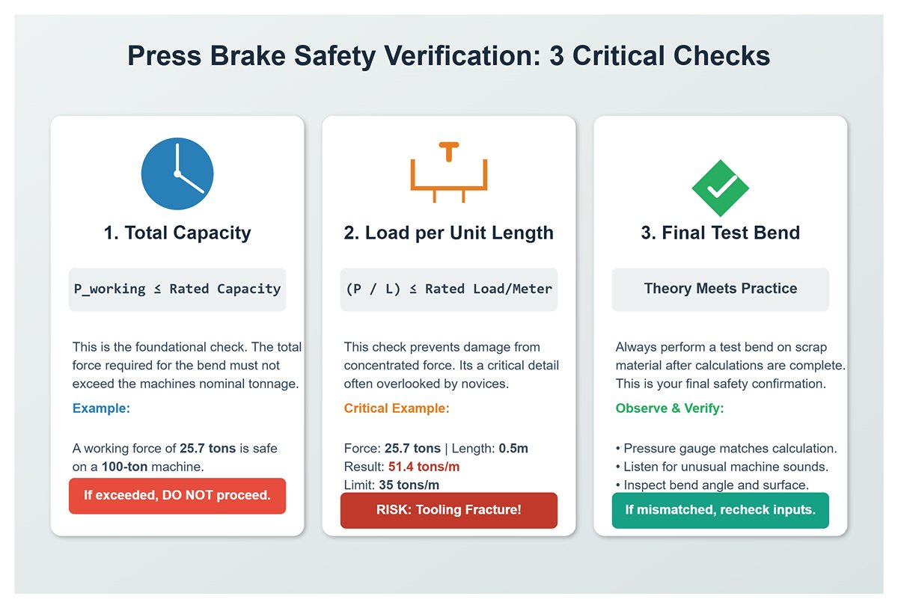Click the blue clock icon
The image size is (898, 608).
(x=177, y=174)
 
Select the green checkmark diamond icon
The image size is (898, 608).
(x=720, y=188)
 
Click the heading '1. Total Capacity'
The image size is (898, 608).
(x=177, y=233)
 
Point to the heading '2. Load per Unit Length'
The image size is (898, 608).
(x=448, y=233)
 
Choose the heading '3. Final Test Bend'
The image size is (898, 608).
(x=720, y=233)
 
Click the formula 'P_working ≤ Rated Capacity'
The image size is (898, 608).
(x=177, y=289)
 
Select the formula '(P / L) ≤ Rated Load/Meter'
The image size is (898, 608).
(x=448, y=289)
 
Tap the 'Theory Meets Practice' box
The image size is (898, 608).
(x=720, y=289)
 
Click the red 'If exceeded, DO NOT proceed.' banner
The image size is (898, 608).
(x=177, y=495)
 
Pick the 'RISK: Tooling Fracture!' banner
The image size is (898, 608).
(x=448, y=510)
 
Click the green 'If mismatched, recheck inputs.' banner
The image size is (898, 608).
(x=720, y=510)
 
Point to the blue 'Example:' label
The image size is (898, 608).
(x=101, y=408)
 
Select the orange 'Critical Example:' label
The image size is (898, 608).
(x=397, y=408)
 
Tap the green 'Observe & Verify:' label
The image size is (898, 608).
(x=669, y=408)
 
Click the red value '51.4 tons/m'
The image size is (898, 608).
(x=424, y=467)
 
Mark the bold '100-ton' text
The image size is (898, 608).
(x=126, y=467)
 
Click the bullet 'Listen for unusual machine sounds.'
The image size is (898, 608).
(x=726, y=467)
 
